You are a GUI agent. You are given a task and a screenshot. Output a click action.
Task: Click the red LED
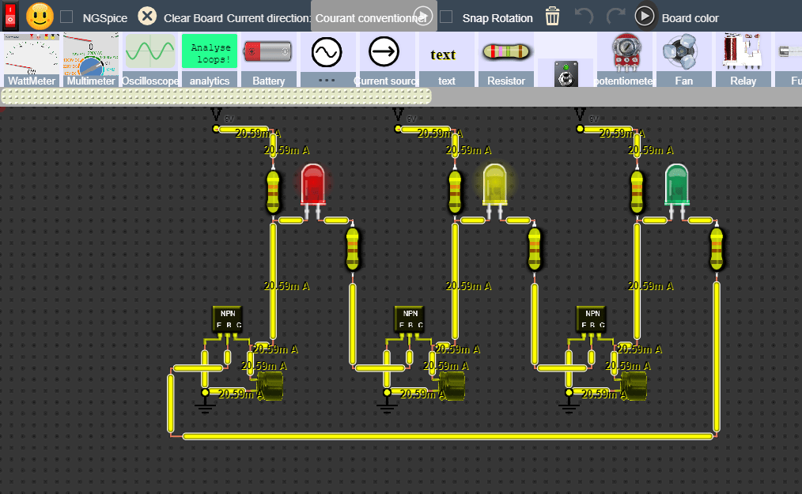point(312,185)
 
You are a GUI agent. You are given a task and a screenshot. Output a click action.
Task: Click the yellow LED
point(494,185)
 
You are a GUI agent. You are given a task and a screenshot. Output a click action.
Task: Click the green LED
point(676,185)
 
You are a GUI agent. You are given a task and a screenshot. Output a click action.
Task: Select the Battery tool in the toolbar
point(269,59)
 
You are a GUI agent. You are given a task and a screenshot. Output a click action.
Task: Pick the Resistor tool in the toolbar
point(506,59)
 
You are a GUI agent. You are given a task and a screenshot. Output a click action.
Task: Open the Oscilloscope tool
point(150,59)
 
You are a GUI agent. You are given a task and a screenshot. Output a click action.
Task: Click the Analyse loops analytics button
point(210,52)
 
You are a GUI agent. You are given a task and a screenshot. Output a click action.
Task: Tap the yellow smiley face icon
point(40,17)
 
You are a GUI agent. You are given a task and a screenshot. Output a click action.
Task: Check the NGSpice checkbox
point(67,17)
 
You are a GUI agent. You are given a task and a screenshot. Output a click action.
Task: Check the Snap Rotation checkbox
point(447,17)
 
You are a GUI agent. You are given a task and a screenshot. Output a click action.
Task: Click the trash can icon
point(552,17)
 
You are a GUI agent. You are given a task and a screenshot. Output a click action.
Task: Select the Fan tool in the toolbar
point(683,59)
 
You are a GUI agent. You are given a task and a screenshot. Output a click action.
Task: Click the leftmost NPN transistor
point(227,319)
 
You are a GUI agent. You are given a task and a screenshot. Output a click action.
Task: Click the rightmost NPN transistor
point(591,319)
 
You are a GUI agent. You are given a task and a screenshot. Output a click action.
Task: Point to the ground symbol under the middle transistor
point(387,405)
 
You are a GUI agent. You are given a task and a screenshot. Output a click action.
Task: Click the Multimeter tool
point(91,59)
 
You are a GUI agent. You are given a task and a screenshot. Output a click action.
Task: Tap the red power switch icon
point(11,17)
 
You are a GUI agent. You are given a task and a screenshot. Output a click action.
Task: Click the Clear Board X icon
point(147,17)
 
